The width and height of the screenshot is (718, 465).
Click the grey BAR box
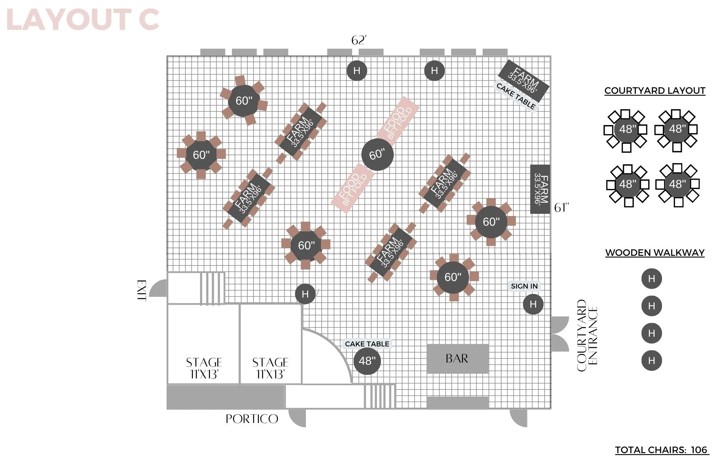[x=457, y=359]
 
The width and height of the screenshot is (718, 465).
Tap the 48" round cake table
[x=367, y=361]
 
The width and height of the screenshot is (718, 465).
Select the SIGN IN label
[x=524, y=286]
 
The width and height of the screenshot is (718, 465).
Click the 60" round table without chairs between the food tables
[x=377, y=155]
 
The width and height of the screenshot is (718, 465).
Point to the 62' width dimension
[x=359, y=40]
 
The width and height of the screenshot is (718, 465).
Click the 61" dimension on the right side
[x=561, y=208]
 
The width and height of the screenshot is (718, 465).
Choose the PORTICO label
[x=252, y=419]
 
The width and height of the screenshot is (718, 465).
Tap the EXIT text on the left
[x=142, y=291]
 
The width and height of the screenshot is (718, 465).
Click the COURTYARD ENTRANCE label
[x=587, y=335]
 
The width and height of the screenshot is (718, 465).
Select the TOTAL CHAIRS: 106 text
[x=661, y=450]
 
